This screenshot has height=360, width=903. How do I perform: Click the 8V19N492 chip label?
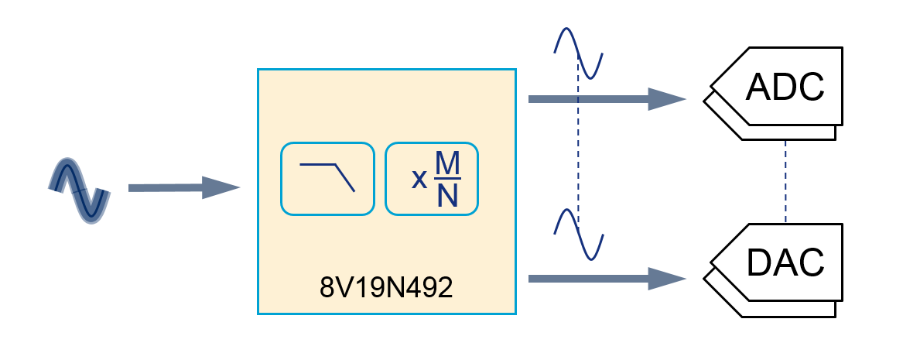tap(386, 287)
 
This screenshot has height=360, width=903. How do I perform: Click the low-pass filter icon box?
tap(327, 178)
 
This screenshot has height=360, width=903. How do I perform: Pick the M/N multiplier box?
tap(432, 178)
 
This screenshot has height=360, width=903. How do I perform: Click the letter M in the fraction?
tap(446, 163)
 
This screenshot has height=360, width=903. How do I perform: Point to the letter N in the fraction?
tap(446, 195)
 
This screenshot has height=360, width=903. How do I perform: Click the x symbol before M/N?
tap(419, 179)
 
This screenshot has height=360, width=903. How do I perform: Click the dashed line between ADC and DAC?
tap(785, 180)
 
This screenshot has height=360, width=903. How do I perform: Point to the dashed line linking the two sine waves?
tap(578, 155)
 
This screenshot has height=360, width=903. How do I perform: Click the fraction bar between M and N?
tap(446, 179)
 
